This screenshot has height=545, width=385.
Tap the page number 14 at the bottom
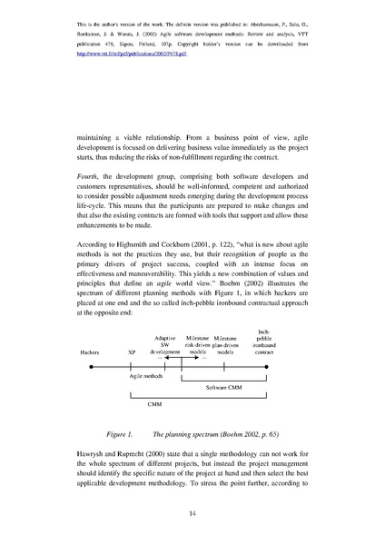(192, 514)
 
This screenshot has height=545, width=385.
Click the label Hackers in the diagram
(90, 351)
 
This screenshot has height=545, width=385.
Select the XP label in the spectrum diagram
(132, 351)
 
